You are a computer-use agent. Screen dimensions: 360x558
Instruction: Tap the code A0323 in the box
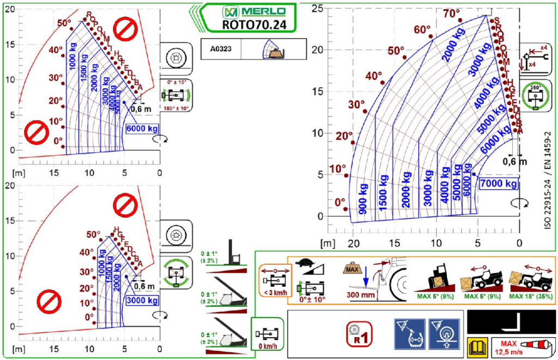click(x=221, y=48)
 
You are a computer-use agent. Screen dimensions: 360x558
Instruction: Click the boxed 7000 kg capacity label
click(x=498, y=184)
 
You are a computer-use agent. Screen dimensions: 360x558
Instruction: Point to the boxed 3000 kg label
click(x=142, y=300)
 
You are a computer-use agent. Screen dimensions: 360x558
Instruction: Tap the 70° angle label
click(x=452, y=13)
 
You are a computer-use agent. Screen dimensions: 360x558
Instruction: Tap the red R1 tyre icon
click(x=359, y=334)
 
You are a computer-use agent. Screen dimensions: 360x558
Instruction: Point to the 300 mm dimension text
click(x=360, y=296)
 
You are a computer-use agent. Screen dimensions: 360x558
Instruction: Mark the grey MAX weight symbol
click(x=352, y=269)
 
